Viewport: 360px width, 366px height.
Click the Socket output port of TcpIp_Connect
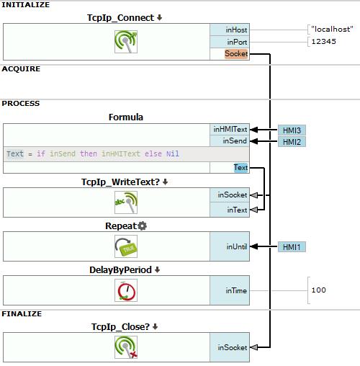(236, 53)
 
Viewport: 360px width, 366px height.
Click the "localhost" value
(332, 29)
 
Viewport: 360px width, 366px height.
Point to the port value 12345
(323, 41)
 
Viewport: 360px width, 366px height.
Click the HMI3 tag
(292, 130)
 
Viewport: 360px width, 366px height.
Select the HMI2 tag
(292, 142)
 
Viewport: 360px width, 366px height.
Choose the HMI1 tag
(292, 247)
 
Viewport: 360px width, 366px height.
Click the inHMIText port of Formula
(230, 130)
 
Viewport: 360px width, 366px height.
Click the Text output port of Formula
(240, 167)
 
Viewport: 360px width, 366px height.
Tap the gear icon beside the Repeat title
(143, 226)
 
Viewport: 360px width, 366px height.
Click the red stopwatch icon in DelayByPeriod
(126, 290)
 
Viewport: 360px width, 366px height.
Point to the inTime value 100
(318, 290)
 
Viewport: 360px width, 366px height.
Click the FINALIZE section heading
(22, 314)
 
